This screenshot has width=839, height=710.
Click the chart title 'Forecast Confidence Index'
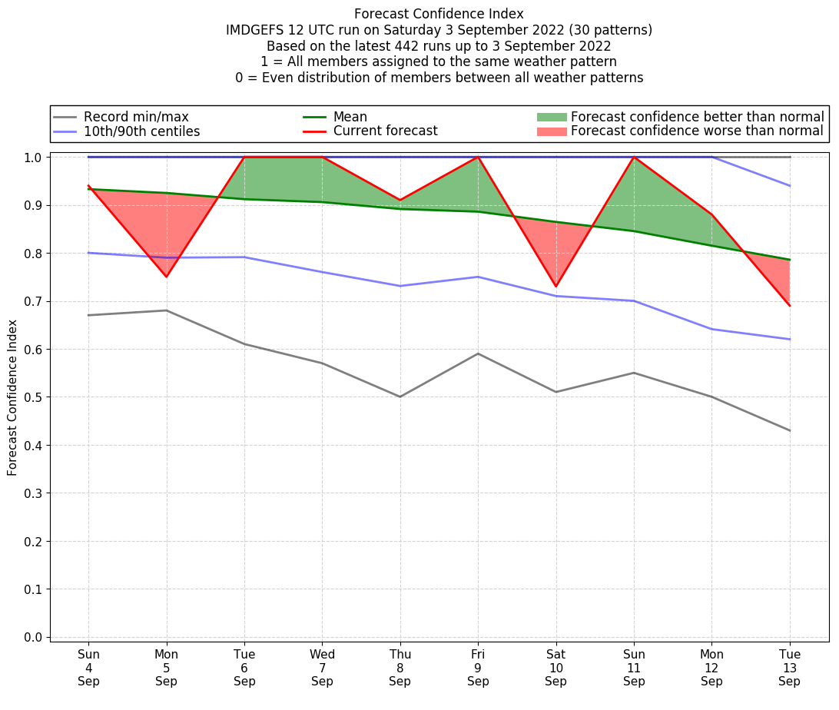[x=439, y=14]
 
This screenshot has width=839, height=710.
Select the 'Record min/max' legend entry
[x=135, y=117]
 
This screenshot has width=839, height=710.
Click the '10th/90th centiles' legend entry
[x=141, y=131]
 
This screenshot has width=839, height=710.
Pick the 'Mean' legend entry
[x=350, y=117]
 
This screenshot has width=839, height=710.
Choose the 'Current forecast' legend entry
[x=385, y=131]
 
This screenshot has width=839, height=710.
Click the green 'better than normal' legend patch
[x=551, y=117]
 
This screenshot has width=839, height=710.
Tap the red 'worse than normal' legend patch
[x=551, y=131]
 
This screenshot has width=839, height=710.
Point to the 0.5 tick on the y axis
[x=35, y=397]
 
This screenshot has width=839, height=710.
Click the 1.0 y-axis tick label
[x=35, y=158]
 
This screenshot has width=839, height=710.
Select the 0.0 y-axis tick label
[x=35, y=637]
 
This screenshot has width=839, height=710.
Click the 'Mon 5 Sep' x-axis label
[x=167, y=667]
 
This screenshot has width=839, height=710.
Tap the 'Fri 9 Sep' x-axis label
[x=478, y=667]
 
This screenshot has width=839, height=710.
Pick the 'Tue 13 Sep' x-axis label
[x=789, y=667]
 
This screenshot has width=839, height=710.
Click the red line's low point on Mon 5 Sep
[x=167, y=277]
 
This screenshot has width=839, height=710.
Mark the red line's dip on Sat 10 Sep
[x=555, y=287]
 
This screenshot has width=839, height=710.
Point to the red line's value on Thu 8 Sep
[x=400, y=200]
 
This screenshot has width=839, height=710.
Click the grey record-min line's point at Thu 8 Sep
[x=400, y=396]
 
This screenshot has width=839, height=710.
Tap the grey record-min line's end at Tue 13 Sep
[x=790, y=430]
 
